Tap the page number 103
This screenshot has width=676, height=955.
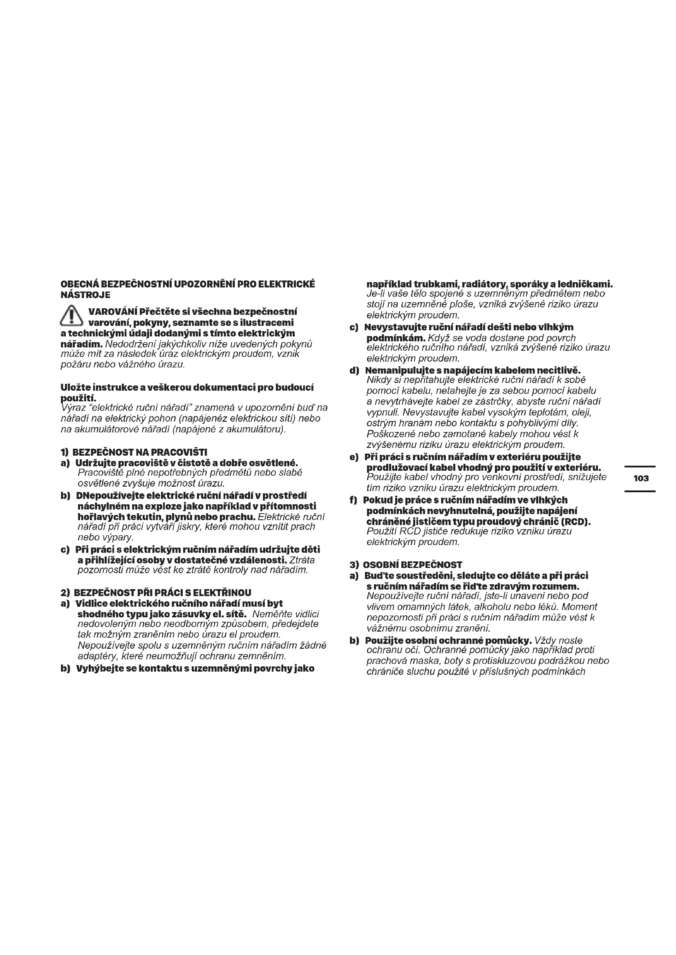[641, 479]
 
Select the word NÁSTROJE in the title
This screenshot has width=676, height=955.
[85, 295]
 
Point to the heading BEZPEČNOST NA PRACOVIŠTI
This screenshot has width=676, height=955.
[140, 452]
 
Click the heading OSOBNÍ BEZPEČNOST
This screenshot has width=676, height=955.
[412, 565]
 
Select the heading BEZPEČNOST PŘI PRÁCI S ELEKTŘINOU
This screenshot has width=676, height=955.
[163, 593]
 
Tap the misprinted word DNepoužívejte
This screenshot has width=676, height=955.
[110, 496]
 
